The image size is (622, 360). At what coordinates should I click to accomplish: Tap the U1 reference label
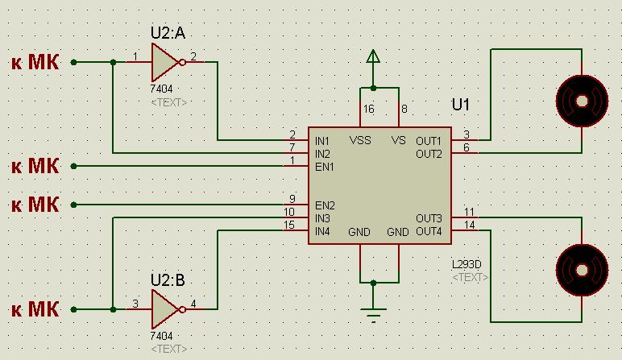tap(461, 106)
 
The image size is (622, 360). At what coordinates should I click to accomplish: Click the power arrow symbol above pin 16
tap(372, 58)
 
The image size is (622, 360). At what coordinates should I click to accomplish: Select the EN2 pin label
tap(325, 205)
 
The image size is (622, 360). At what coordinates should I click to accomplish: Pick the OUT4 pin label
tap(429, 232)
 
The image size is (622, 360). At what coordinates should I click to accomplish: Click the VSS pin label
tap(360, 140)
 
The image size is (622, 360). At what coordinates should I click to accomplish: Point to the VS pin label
tap(398, 140)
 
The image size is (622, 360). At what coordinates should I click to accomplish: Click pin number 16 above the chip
tap(368, 108)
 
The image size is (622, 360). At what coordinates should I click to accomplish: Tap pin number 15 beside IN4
tap(290, 225)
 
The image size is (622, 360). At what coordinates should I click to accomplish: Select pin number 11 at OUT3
tap(470, 212)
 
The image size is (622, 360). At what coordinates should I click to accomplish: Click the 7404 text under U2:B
tap(162, 335)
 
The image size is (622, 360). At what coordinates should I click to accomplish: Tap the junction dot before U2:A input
tap(112, 62)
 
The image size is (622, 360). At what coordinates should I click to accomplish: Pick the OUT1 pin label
tap(429, 140)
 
